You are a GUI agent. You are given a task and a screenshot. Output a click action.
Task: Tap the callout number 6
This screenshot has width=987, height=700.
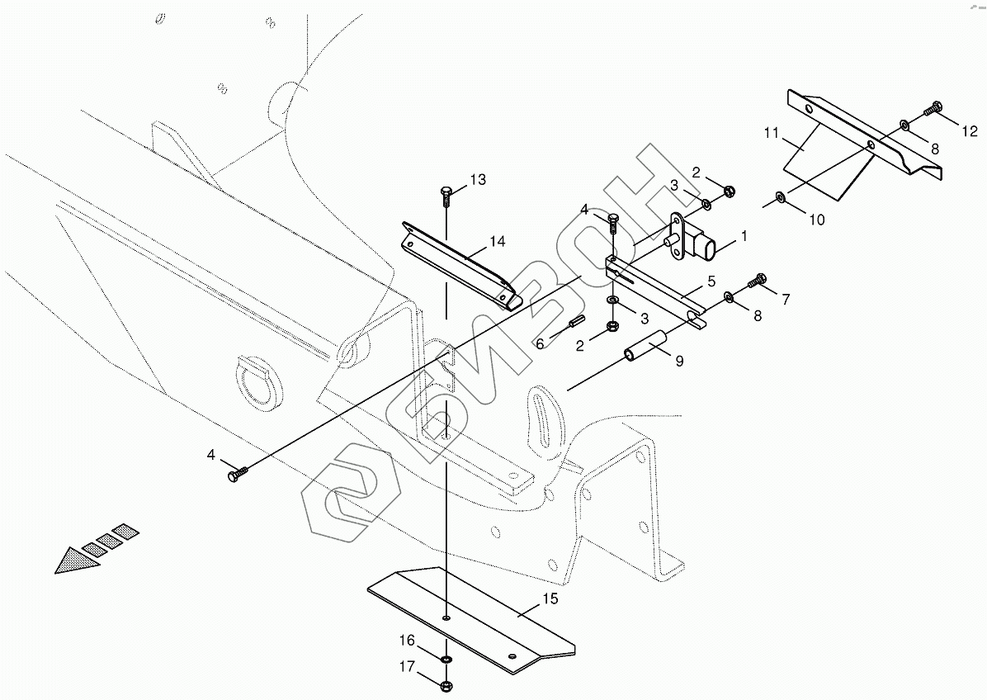coord(541,343)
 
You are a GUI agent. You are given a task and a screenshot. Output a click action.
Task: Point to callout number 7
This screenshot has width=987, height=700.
coord(785,299)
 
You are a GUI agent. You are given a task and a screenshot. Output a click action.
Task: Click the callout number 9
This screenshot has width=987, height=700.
coord(679,361)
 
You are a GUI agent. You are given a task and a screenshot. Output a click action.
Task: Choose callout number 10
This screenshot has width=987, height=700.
coord(816,220)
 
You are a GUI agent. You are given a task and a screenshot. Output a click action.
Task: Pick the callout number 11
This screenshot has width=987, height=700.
coord(772,133)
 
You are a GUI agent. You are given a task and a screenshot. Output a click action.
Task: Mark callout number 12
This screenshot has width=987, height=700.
coord(969,131)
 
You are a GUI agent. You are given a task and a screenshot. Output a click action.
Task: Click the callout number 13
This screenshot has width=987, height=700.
coord(478,179)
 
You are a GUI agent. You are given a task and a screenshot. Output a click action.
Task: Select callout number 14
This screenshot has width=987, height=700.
coord(497,242)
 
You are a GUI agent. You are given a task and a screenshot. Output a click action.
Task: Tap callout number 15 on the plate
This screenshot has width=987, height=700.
coord(550,598)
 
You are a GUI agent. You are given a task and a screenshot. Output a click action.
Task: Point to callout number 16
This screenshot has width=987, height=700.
coord(408,641)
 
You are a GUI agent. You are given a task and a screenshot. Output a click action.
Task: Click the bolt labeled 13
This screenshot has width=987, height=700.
coord(446,196)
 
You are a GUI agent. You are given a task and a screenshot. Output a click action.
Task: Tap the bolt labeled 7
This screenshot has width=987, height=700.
coord(758,281)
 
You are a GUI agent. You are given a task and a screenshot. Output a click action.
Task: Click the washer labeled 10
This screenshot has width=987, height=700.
coord(780,197)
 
